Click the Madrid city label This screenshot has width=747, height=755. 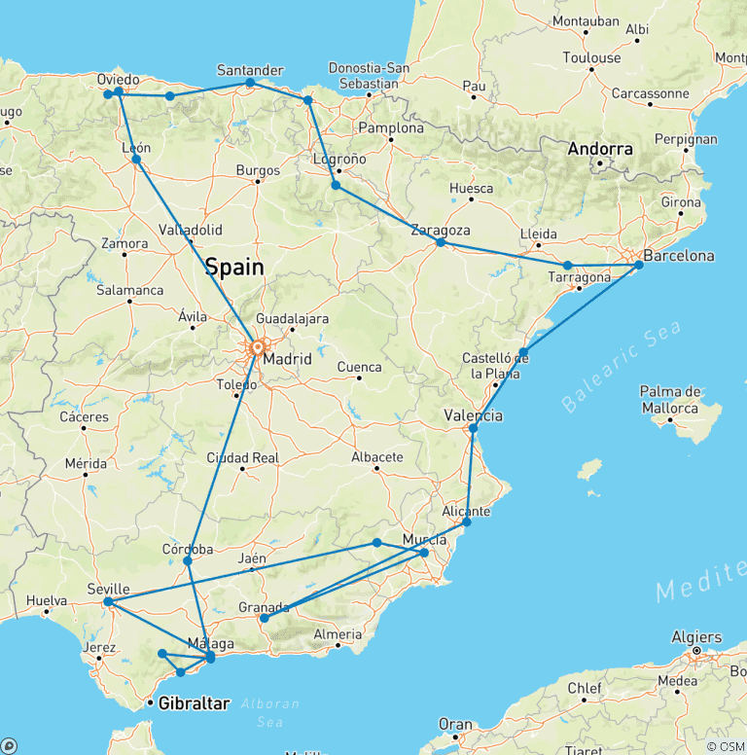[x=287, y=359]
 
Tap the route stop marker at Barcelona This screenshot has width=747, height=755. [x=639, y=265]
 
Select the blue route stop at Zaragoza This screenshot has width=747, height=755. [x=441, y=242]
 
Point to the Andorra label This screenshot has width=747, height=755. [x=600, y=150]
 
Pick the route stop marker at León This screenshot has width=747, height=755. [x=136, y=159]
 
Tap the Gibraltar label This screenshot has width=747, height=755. [x=195, y=702]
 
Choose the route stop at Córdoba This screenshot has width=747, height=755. [x=188, y=560]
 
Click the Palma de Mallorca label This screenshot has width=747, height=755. [x=670, y=400]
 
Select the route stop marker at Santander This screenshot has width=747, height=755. [x=250, y=83]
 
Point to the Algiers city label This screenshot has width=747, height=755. [x=696, y=637]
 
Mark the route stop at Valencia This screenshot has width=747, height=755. [x=474, y=428]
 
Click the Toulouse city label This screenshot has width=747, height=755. [x=591, y=57]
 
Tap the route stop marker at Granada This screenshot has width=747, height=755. [x=264, y=618]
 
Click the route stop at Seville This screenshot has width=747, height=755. [x=109, y=602]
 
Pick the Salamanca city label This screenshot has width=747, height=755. [x=130, y=290]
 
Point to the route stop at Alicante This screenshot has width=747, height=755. [x=467, y=522]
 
